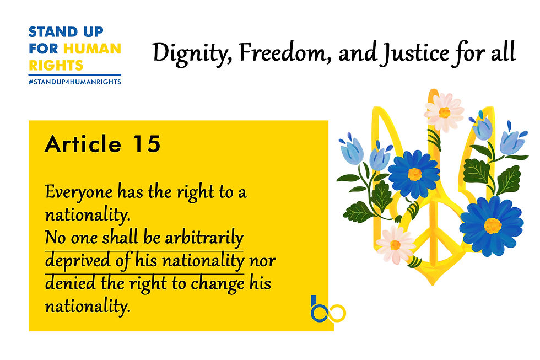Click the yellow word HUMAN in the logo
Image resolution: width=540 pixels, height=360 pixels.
point(92,49)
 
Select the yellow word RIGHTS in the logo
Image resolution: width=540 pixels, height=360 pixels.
point(56,65)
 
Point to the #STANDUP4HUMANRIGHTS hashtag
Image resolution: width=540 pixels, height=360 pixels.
point(75,82)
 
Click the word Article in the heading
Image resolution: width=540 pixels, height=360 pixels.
point(83,143)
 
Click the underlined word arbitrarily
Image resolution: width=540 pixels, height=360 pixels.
point(204,238)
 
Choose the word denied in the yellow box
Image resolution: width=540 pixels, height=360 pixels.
point(71,283)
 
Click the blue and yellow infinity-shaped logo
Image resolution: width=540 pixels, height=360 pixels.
point(328,310)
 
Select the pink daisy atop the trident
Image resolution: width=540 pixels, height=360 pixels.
point(444,111)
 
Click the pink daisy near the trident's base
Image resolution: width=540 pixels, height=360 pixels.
point(395,245)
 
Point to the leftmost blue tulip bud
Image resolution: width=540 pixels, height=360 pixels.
point(352,150)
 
